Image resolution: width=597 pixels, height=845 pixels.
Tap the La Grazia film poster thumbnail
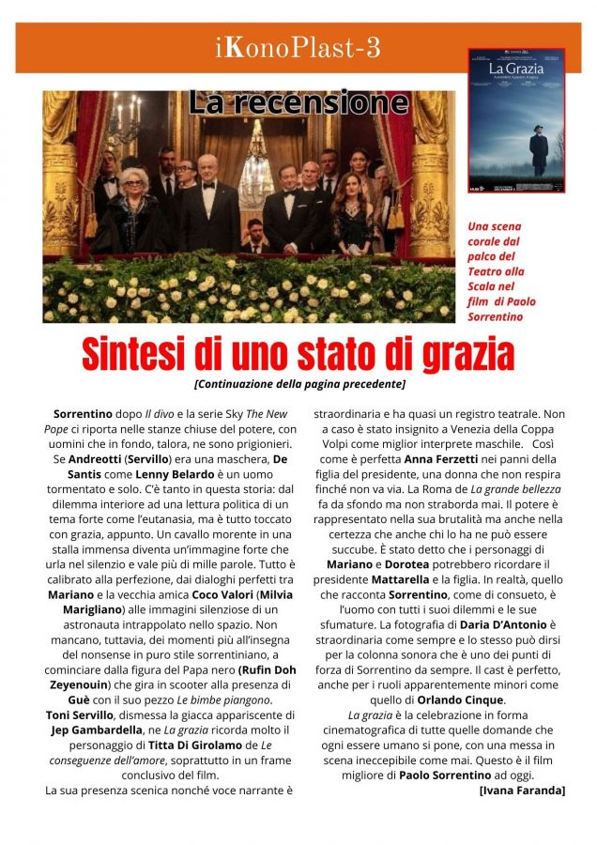pos(516,120)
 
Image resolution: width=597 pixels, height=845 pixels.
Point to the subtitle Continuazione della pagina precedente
pos(298,383)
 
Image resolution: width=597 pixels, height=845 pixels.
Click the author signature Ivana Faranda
pos(522,791)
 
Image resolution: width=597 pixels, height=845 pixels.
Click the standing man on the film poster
pos(538,150)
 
